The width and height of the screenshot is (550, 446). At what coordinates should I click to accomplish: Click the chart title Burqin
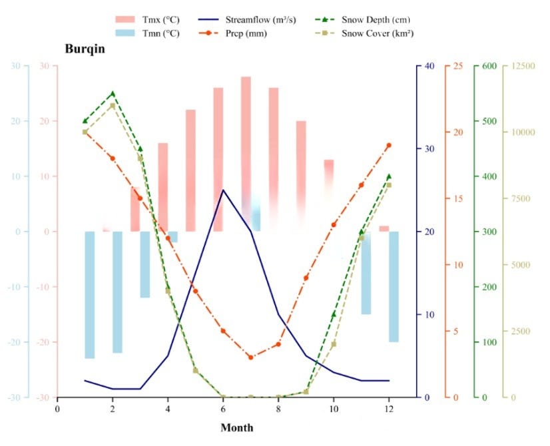(85, 49)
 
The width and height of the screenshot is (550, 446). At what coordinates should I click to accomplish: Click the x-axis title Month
(237, 427)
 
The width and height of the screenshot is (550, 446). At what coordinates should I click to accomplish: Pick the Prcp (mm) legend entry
(246, 33)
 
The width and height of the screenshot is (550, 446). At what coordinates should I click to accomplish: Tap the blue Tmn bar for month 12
(394, 286)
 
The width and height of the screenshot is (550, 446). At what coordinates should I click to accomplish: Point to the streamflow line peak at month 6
(223, 190)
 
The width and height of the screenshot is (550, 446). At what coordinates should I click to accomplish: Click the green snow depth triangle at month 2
(113, 93)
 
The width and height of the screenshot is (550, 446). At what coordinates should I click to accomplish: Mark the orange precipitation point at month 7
(250, 357)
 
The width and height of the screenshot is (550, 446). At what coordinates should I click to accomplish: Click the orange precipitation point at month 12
(389, 145)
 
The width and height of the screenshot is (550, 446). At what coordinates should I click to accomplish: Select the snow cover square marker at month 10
(334, 344)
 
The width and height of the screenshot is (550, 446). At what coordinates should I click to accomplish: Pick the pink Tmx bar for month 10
(328, 180)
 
